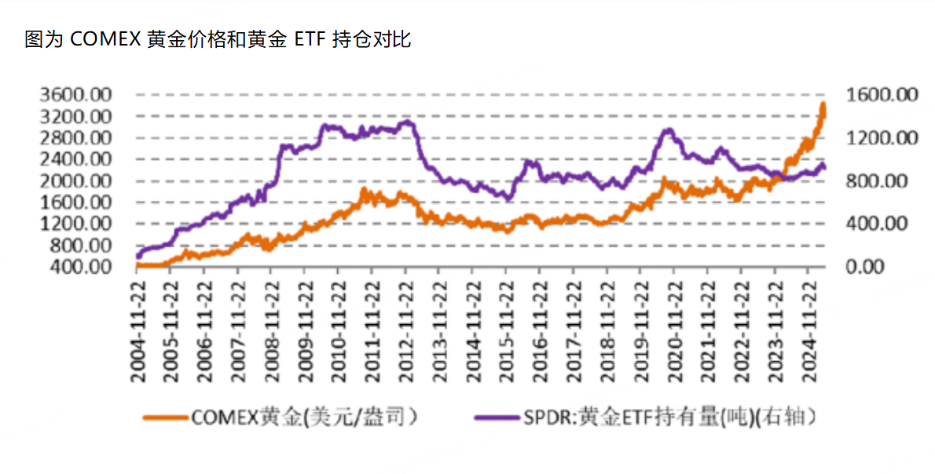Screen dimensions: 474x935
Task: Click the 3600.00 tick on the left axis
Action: coord(76,95)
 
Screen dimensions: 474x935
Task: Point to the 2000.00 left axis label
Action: coord(76,181)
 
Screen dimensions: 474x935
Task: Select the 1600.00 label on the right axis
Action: coord(882,95)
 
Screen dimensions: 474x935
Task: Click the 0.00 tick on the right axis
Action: coord(866,268)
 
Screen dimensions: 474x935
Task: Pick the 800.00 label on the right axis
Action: coord(876,181)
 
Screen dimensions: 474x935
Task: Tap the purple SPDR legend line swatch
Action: coord(497,417)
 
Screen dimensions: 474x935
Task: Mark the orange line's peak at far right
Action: coord(823,104)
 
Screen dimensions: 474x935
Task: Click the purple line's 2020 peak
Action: coord(669,129)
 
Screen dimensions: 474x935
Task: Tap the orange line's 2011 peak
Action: coord(364,190)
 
